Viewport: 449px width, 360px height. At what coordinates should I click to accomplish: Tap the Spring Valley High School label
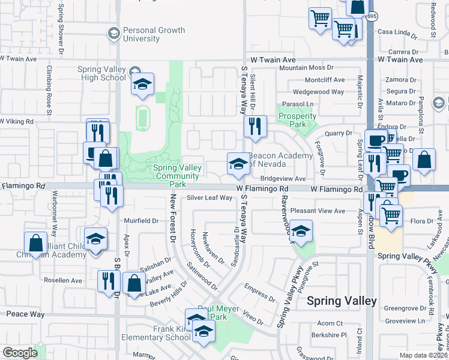click(x=101, y=73)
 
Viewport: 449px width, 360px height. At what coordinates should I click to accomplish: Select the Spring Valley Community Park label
click(x=176, y=172)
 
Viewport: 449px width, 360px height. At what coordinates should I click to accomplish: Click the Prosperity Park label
click(x=297, y=120)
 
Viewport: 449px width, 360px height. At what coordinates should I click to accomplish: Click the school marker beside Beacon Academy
click(x=238, y=164)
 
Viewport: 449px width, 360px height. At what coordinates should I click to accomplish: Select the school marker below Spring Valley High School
click(x=142, y=85)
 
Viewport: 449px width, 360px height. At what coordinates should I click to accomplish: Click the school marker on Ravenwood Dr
click(x=301, y=231)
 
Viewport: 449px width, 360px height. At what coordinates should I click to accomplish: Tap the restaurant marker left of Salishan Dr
click(x=109, y=281)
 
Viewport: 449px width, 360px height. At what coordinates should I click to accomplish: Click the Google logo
click(x=19, y=353)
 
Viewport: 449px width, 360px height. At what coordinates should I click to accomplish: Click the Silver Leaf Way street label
click(x=209, y=197)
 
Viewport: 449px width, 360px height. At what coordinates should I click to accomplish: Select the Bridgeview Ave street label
click(x=283, y=178)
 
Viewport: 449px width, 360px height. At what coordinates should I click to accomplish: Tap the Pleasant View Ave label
click(x=318, y=211)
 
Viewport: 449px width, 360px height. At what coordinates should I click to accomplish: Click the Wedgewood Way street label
click(x=318, y=92)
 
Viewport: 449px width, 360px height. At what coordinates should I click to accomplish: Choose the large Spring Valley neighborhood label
click(x=342, y=301)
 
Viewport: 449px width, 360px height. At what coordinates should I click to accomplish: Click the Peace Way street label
click(x=25, y=314)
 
